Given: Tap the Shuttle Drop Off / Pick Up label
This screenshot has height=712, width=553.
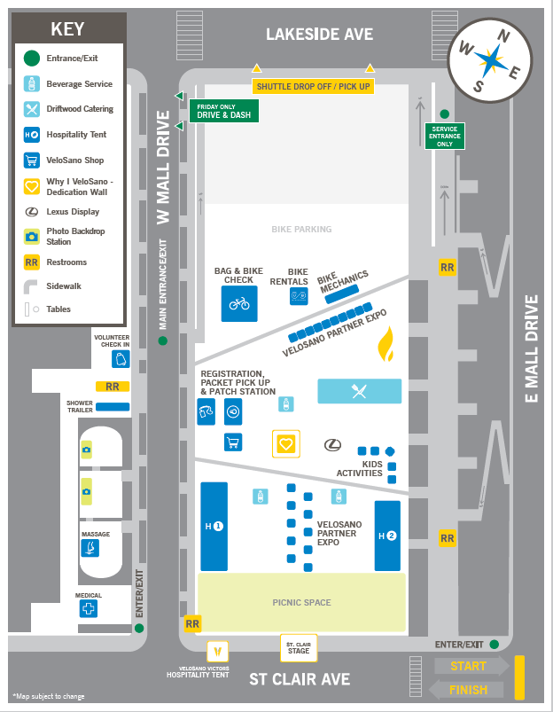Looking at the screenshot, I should click(313, 86).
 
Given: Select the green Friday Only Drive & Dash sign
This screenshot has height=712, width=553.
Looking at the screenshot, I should click(213, 110).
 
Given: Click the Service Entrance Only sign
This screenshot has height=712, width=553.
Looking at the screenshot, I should click(445, 136).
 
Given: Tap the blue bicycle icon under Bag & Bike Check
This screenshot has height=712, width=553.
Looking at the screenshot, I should click(239, 303).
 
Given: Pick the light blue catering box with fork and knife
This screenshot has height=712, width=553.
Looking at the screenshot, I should click(359, 391).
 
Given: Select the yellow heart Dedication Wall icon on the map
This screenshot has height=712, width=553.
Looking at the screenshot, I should click(285, 443).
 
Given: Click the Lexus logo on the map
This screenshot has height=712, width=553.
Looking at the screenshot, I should click(332, 444).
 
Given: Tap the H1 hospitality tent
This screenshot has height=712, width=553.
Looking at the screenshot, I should click(214, 527).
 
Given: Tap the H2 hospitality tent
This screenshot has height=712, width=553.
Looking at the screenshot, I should click(387, 536).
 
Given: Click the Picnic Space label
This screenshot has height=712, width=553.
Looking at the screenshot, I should click(301, 603).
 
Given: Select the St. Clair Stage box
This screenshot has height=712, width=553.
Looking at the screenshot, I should click(299, 647).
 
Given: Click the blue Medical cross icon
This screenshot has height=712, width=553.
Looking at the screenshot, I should click(89, 609).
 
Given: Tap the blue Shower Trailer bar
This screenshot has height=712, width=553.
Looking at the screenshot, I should click(113, 407).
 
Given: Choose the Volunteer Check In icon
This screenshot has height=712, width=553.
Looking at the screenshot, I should click(121, 358).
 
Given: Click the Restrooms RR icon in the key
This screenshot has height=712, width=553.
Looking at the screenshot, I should click(32, 262).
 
